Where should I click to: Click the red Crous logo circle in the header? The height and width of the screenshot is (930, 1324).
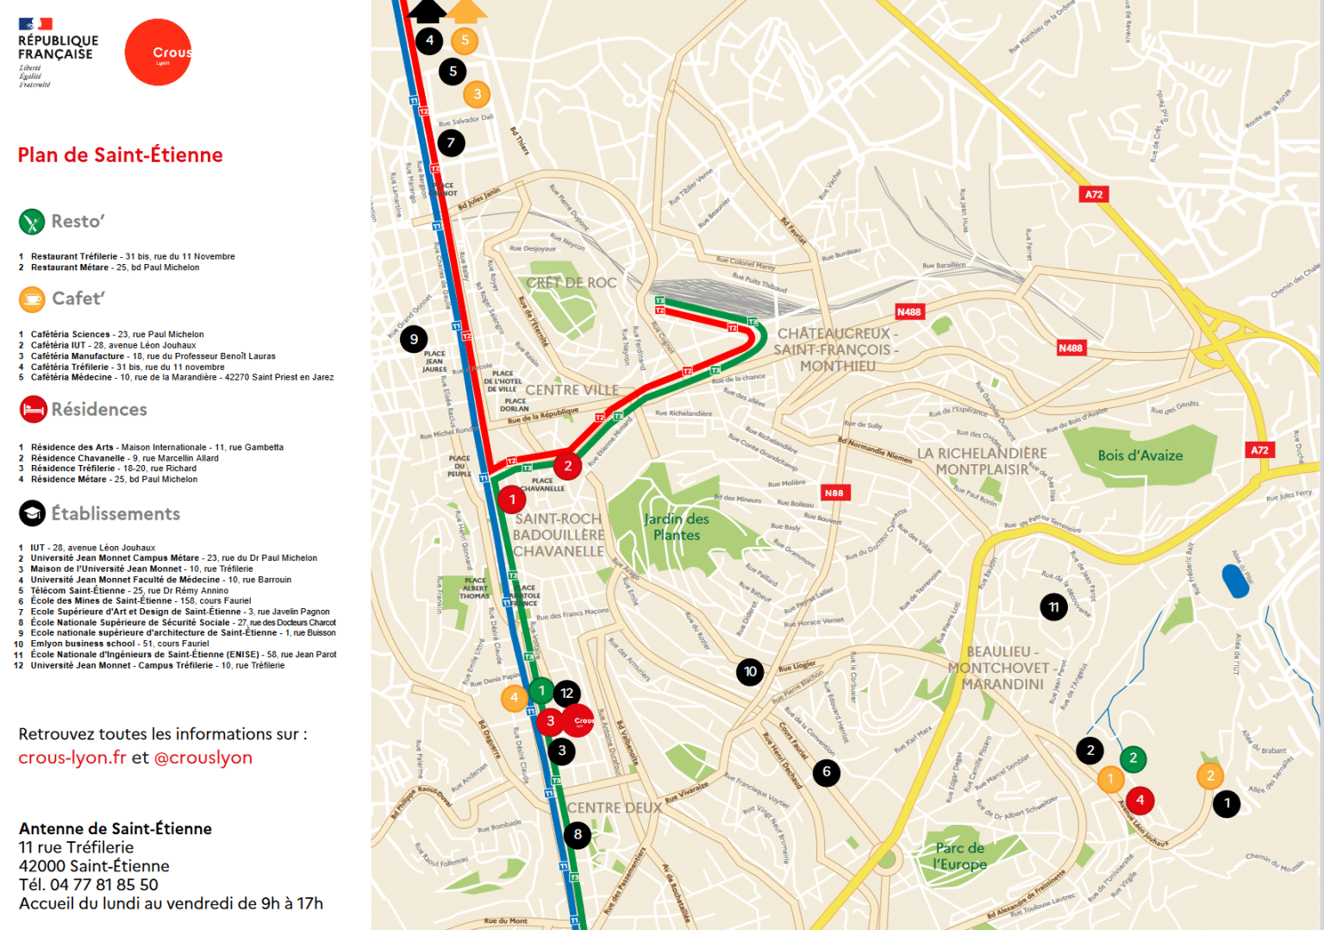(x=159, y=53)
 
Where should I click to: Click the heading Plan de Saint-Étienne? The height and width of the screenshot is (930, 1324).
(x=120, y=155)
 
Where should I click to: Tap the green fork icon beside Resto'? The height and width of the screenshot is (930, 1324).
(x=32, y=222)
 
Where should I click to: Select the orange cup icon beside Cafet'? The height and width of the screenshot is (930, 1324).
(x=32, y=298)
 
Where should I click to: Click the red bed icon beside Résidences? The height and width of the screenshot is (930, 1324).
(x=33, y=409)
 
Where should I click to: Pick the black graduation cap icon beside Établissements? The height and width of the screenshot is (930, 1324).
(x=32, y=514)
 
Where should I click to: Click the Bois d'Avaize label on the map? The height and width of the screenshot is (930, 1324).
(x=1140, y=456)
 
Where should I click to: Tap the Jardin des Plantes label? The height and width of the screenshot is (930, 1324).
(x=677, y=527)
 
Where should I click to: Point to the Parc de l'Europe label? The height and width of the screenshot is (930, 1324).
(x=959, y=856)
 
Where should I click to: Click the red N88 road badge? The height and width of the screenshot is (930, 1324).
(x=834, y=493)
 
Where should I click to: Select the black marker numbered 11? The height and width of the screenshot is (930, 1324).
(x=1053, y=607)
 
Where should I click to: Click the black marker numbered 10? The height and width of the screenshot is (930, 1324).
(x=750, y=671)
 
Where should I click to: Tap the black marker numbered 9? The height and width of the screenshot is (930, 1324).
(x=414, y=339)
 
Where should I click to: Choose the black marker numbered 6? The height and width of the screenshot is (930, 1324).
(x=826, y=772)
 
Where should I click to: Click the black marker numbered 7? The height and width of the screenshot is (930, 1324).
(x=451, y=142)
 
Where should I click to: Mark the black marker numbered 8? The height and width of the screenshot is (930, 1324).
(x=578, y=834)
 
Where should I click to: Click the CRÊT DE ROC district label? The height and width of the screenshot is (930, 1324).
(x=571, y=283)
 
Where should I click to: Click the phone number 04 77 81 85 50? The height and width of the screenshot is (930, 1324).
(x=104, y=885)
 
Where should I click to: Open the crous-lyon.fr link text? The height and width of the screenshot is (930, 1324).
(x=72, y=757)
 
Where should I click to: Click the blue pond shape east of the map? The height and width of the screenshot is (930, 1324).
(x=1235, y=581)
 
